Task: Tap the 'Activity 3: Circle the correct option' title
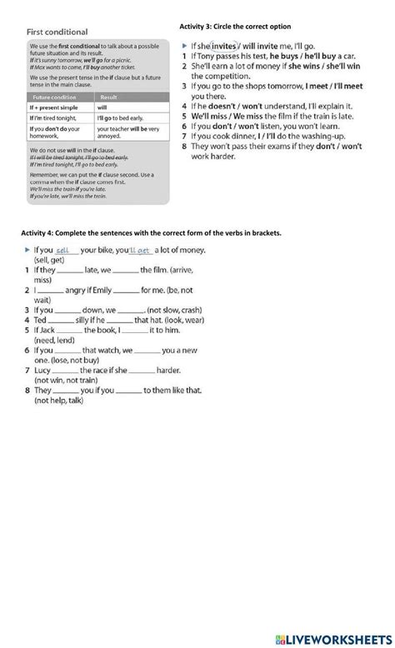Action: pos(235,27)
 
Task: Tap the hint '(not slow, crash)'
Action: pos(175,309)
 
